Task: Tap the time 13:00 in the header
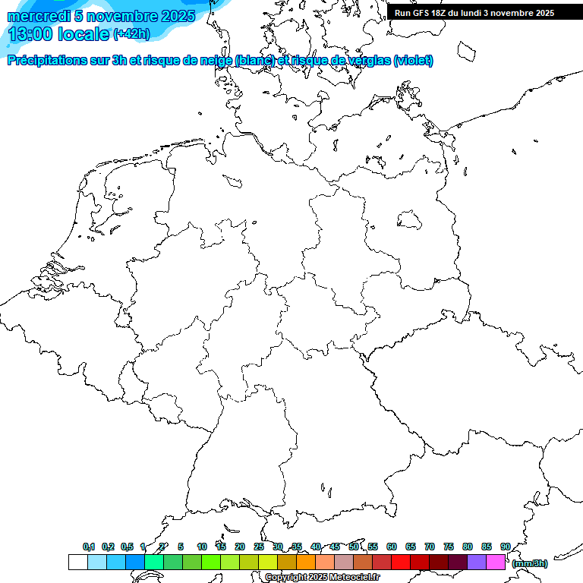coord(30,34)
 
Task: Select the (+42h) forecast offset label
coord(131,34)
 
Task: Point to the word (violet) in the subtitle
coord(414,60)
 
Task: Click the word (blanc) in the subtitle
coord(254,60)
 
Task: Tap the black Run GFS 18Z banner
coord(474,13)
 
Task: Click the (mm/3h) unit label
coord(529,563)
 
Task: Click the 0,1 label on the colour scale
coord(89,547)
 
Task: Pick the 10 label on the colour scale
coord(202,547)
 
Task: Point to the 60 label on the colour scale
coord(392,547)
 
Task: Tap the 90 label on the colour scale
coord(506,547)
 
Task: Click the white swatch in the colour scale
coord(77,562)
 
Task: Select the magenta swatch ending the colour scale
coord(496,562)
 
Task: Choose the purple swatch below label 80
coord(477,562)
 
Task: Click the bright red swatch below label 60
coord(401,562)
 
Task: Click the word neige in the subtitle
coord(214,60)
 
